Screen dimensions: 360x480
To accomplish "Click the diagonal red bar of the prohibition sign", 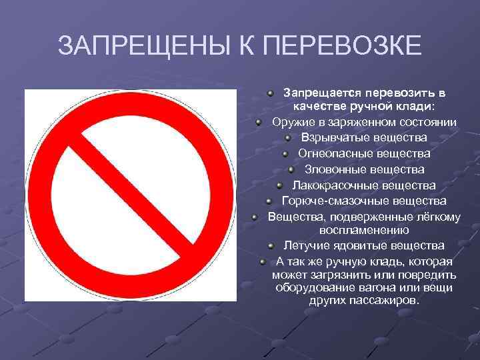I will tap(131, 195).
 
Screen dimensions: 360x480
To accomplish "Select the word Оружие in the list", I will tap(291, 122).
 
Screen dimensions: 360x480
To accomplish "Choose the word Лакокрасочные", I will tap(331, 185).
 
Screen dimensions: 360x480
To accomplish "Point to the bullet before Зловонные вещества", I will tap(291, 169).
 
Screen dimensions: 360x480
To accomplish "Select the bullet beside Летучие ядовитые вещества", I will tap(270, 245).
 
